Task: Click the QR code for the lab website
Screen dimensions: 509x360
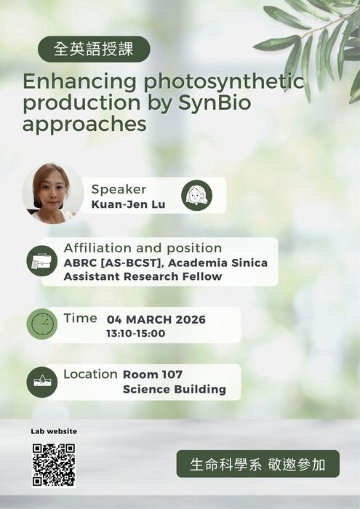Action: click(54, 465)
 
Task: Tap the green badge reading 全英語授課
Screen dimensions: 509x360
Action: click(94, 49)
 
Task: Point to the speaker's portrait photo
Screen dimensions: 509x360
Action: click(52, 193)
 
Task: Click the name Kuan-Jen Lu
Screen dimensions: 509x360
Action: click(128, 204)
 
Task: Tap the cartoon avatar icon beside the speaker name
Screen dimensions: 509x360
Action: click(196, 195)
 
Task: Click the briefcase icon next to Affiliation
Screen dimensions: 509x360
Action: click(41, 262)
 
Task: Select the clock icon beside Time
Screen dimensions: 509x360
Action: click(41, 324)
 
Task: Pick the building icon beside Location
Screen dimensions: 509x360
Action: click(41, 382)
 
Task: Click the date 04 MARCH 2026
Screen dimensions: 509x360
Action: click(156, 319)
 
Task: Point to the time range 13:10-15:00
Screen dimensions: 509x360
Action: click(136, 334)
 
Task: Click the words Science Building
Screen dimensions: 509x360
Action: click(175, 389)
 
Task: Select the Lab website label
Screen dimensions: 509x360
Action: click(54, 431)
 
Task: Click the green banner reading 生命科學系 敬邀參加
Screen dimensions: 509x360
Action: click(257, 464)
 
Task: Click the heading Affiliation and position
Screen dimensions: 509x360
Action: click(143, 248)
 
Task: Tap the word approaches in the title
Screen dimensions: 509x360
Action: click(84, 124)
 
